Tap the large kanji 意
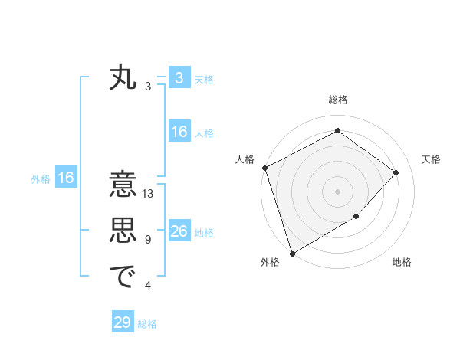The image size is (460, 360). click(123, 186)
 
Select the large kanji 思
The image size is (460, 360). click(123, 231)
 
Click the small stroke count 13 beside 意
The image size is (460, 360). click(149, 195)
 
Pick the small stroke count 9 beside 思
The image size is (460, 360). click(148, 240)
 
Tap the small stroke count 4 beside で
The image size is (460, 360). click(148, 286)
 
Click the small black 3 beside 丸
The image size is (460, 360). click(148, 87)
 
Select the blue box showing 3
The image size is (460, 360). click(179, 78)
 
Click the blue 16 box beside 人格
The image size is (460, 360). click(179, 132)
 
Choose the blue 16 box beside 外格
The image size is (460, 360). click(66, 178)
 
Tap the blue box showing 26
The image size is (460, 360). click(179, 231)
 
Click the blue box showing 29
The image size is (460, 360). click(123, 322)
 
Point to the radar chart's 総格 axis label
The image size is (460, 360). click(338, 100)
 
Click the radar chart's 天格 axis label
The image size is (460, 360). click(432, 159)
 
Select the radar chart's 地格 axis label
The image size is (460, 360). click(402, 262)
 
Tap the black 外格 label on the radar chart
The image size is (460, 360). click(270, 262)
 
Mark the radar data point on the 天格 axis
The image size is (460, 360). click(396, 172)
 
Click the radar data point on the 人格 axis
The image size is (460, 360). click(264, 168)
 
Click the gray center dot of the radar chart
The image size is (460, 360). click(337, 191)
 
